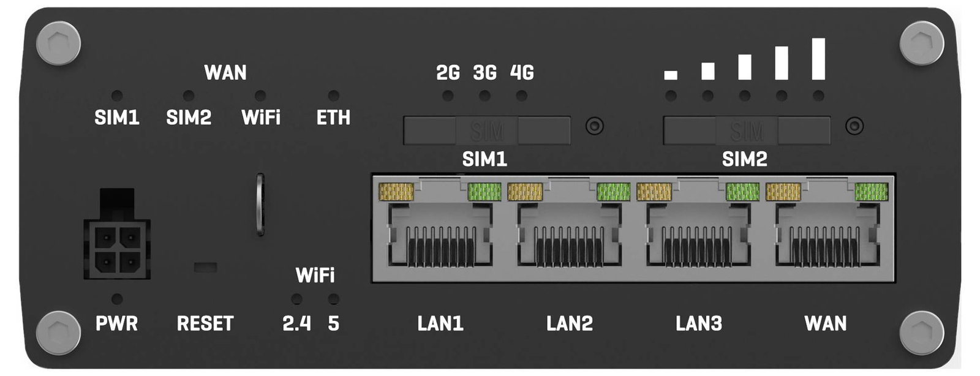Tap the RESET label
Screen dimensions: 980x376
pos(205,323)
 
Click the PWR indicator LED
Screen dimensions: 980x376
pos(117,299)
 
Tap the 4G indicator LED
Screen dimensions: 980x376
pos(521,96)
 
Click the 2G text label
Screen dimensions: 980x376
pos(448,73)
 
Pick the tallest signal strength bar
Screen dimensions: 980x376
pos(818,59)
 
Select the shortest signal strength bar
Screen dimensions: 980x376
pos(671,75)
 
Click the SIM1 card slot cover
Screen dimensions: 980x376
pos(487,130)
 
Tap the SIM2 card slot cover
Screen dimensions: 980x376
pos(747,130)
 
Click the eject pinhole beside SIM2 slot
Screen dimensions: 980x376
pos(854,126)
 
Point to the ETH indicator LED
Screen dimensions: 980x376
pos(333,96)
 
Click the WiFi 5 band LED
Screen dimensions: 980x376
pos(333,299)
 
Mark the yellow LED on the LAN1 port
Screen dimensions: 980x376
pos(396,192)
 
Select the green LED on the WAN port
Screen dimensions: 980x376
pos(872,192)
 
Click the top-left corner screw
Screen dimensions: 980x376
pos(58,43)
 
